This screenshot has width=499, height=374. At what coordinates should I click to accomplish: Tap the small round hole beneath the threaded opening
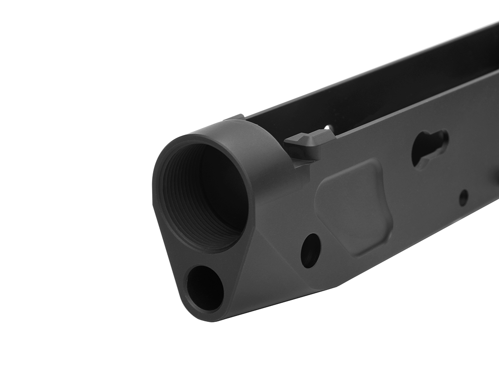205,288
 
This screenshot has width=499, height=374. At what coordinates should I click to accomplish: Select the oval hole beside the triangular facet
310,250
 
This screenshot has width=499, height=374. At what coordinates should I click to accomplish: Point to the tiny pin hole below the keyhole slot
463,197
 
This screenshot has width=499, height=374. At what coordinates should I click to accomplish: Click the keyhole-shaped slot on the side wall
430,148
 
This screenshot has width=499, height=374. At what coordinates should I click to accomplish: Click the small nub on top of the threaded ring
234,117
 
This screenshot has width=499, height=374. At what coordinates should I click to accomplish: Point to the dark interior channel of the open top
380,97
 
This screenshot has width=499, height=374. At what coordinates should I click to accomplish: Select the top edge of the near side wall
414,105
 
